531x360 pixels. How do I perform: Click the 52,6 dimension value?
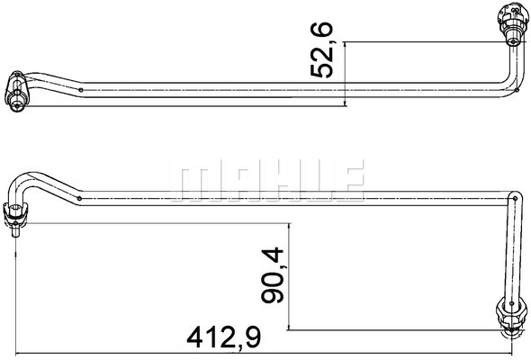(x=322, y=49)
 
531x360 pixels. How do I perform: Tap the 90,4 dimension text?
(x=272, y=275)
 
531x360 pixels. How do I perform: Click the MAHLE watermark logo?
(x=266, y=180)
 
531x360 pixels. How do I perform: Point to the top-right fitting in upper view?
(x=512, y=24)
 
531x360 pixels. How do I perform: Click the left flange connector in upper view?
(x=17, y=92)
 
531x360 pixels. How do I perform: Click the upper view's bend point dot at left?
(x=81, y=90)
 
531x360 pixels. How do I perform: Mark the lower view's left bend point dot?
(x=79, y=198)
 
